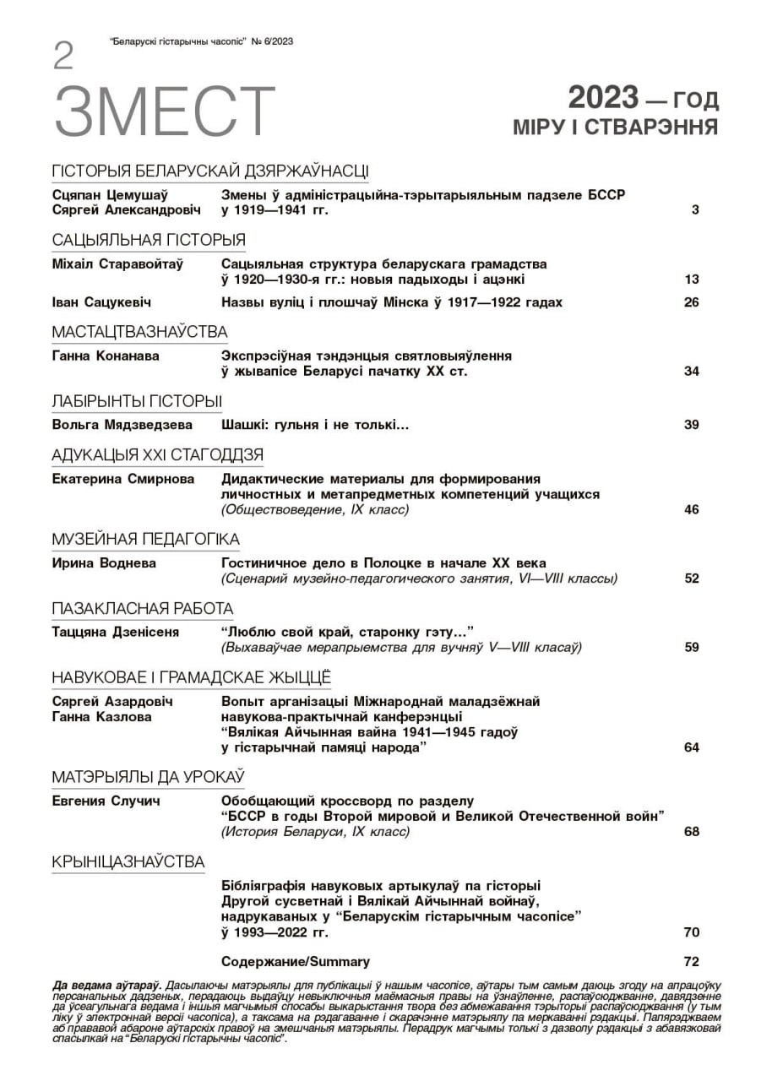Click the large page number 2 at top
[63, 57]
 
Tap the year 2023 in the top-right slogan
[602, 99]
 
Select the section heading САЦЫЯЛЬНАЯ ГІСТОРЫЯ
[148, 239]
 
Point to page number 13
[691, 280]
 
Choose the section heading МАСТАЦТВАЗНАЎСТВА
[139, 331]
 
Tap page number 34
[691, 372]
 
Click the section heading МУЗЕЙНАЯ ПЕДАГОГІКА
[145, 539]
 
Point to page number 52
[691, 579]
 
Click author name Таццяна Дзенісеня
[115, 632]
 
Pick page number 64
[691, 747]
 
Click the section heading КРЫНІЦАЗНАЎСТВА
[128, 861]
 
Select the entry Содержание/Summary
[295, 961]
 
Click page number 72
[691, 961]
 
